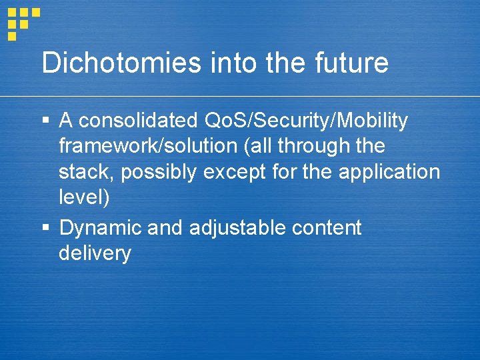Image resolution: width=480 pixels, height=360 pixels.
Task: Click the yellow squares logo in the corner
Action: pos(21,23)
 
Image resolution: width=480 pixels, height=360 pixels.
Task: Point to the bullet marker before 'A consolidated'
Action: pos(45,121)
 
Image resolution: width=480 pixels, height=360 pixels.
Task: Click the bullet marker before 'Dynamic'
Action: pos(45,228)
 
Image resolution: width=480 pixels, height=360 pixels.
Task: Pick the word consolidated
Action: pos(138,121)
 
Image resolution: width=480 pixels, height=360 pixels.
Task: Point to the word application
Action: pos(389,173)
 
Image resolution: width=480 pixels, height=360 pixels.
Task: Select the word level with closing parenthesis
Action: pos(84,198)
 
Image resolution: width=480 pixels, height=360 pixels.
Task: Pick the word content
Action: pos(327,228)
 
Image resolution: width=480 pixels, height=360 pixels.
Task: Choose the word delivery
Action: pos(95,254)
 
